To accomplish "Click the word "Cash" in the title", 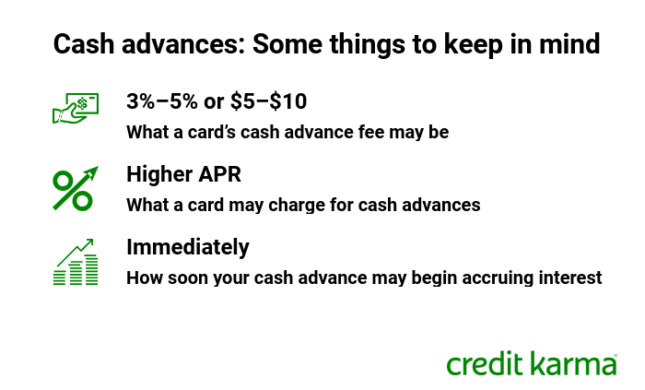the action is pyautogui.click(x=84, y=43).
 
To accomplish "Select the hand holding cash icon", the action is pyautogui.click(x=76, y=108).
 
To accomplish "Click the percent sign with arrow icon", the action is pyautogui.click(x=76, y=188).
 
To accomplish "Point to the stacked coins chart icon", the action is pyautogui.click(x=76, y=262).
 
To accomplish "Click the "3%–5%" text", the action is pyautogui.click(x=161, y=101).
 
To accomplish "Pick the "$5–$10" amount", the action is pyautogui.click(x=269, y=101).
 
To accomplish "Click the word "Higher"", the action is pyautogui.click(x=159, y=174).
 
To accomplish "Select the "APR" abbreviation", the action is pyautogui.click(x=219, y=174).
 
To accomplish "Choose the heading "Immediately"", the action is pyautogui.click(x=188, y=247).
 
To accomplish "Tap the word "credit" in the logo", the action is pyautogui.click(x=486, y=363).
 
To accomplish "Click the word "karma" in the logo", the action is pyautogui.click(x=573, y=363).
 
